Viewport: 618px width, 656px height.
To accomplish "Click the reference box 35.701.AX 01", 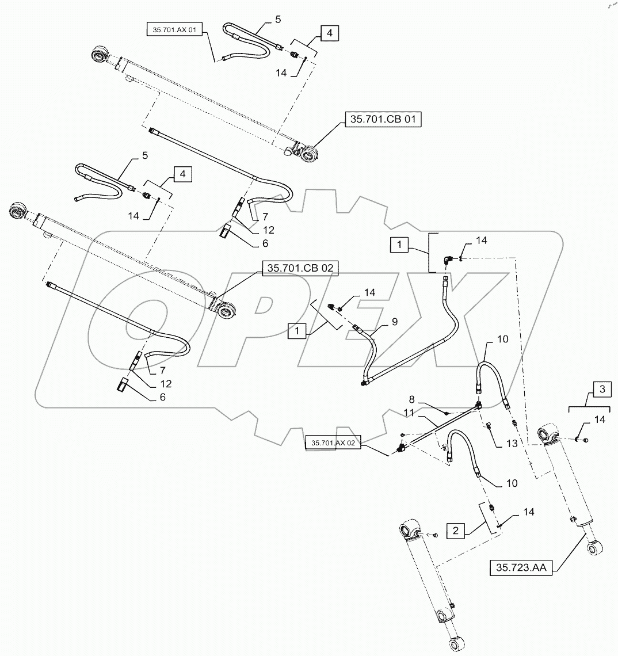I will click(x=173, y=30).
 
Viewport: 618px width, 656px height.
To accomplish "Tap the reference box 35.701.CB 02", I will click(x=300, y=268).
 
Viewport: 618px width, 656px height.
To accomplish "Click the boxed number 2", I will click(x=455, y=530).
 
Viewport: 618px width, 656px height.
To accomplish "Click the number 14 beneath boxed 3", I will click(x=599, y=421).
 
